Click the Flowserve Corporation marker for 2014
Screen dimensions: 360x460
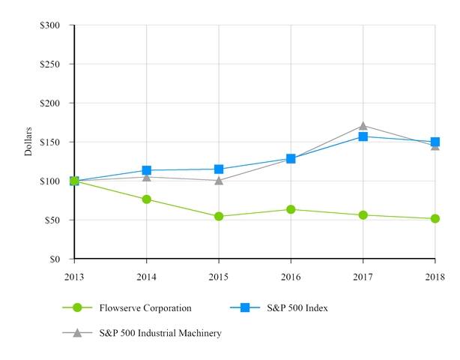[146, 199]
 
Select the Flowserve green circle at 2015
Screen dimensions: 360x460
[219, 217]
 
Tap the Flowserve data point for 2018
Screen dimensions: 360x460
[435, 219]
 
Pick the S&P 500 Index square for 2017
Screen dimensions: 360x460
[363, 136]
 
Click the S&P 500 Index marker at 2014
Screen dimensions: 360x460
[146, 170]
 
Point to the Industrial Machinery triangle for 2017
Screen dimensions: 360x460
[363, 126]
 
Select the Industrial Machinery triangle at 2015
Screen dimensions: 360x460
[219, 180]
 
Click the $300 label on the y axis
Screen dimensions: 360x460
[51, 25]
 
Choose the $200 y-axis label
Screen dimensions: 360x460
[51, 103]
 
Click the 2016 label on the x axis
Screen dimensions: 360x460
[291, 277]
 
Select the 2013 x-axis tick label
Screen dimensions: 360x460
[74, 277]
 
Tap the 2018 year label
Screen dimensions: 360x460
[435, 277]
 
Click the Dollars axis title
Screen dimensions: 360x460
[28, 142]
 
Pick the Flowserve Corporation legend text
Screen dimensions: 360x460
[145, 308]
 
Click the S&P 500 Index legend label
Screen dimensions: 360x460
[302, 308]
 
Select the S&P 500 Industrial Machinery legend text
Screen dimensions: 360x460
[160, 333]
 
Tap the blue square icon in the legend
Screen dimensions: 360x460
[245, 307]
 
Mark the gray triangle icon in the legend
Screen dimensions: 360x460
[76, 332]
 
